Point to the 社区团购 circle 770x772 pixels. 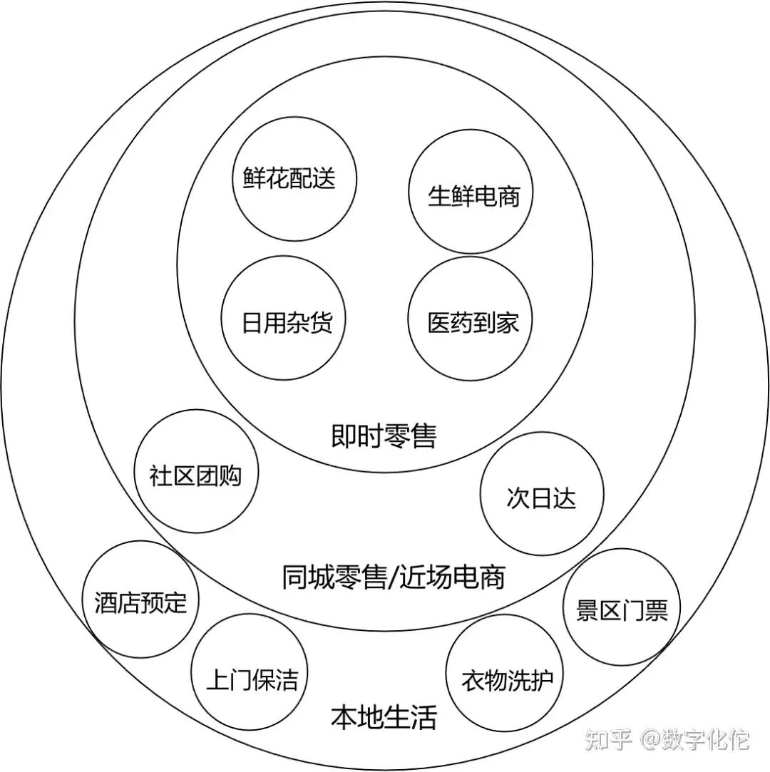pos(196,473)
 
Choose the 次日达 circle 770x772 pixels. pos(541,497)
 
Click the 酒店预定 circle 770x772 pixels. pos(140,602)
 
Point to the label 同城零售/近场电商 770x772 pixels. pos(394,576)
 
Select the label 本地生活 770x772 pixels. pos(384,716)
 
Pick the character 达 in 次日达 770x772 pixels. pos(564,498)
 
